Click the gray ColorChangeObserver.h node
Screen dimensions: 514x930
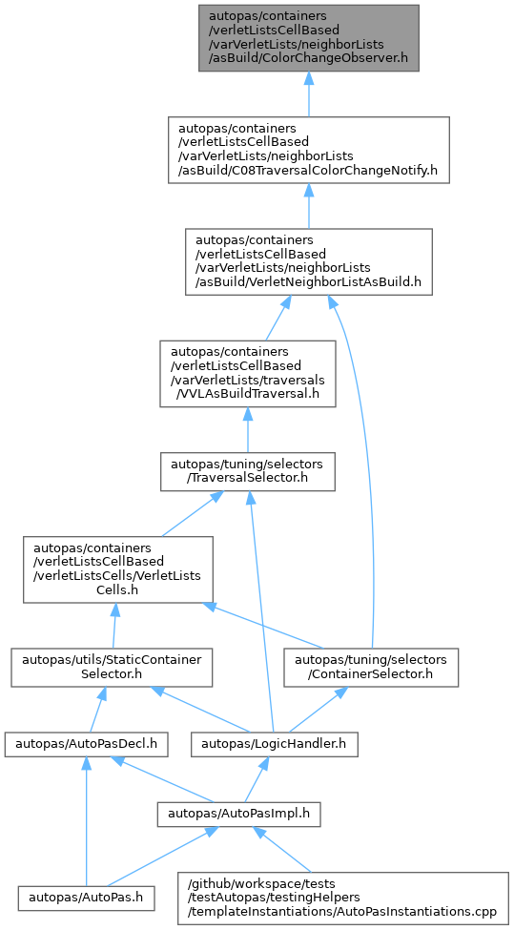tap(309, 38)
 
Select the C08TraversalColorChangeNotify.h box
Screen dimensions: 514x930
tap(308, 150)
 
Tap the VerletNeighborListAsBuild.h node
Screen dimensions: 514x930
tap(308, 261)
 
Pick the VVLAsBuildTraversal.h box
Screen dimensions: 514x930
tap(248, 373)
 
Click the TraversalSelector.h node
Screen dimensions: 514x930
tap(247, 471)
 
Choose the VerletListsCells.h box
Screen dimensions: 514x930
tap(118, 569)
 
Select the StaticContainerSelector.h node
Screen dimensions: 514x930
tap(112, 668)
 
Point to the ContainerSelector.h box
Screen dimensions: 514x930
tap(371, 668)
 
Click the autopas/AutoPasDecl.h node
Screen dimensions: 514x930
tap(87, 744)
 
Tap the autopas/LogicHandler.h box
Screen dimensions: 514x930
tap(275, 744)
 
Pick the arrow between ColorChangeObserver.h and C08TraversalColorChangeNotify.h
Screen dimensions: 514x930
tap(308, 94)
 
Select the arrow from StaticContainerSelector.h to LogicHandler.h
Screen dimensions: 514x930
tap(203, 710)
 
